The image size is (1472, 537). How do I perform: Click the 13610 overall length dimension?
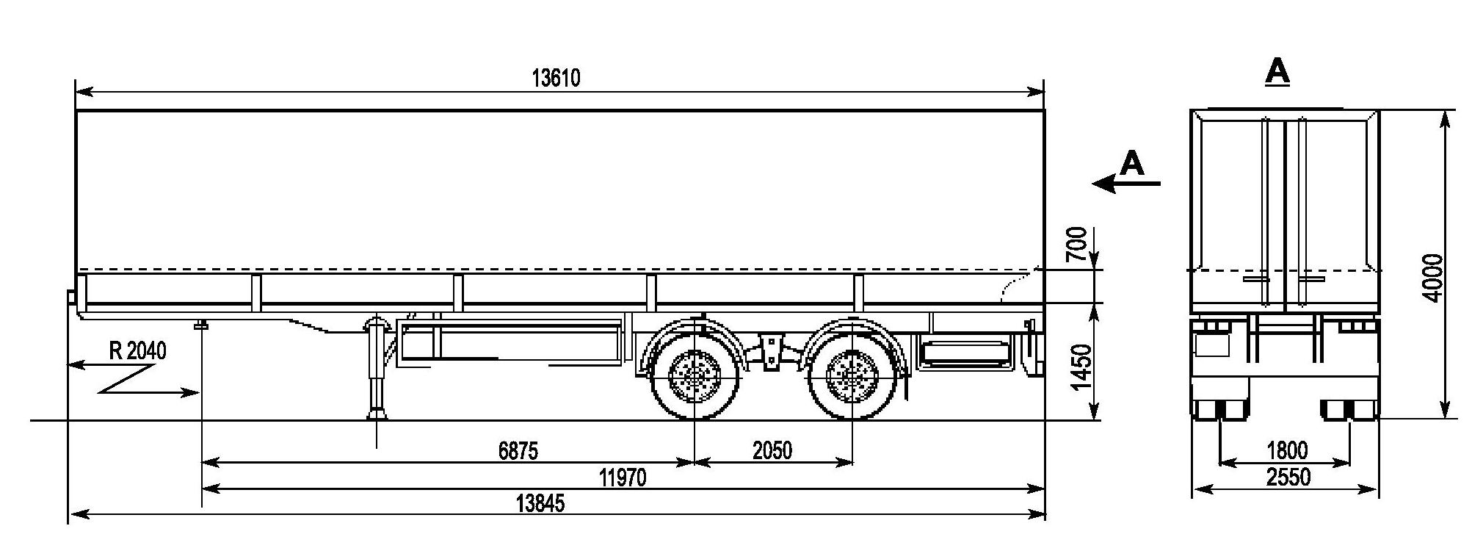pyautogui.click(x=556, y=78)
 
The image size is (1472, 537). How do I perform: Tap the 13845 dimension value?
pyautogui.click(x=540, y=504)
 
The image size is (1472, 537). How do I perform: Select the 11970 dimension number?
pyautogui.click(x=623, y=478)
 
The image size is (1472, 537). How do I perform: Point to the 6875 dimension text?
pyautogui.click(x=518, y=450)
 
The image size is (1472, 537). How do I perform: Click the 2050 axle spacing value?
pyautogui.click(x=772, y=450)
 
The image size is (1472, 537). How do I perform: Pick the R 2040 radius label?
pyautogui.click(x=138, y=351)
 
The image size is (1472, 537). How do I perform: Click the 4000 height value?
pyautogui.click(x=1432, y=277)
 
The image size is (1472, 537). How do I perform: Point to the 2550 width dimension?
pyautogui.click(x=1288, y=477)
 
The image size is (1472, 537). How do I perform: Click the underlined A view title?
pyautogui.click(x=1277, y=73)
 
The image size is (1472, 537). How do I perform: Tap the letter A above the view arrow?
pyautogui.click(x=1133, y=164)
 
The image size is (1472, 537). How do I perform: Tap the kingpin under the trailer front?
pyautogui.click(x=200, y=324)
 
